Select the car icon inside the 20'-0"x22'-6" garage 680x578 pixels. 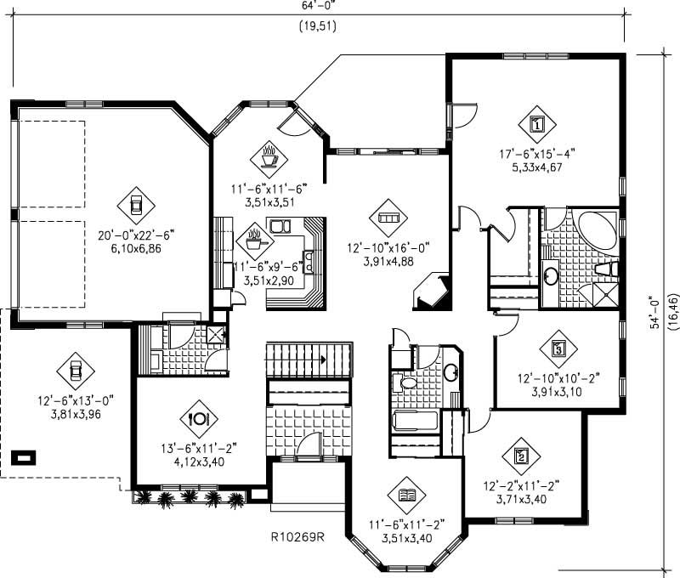point(135,203)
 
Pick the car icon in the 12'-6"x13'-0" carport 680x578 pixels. point(75,370)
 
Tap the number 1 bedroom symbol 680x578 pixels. point(536,123)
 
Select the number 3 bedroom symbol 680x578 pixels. point(558,347)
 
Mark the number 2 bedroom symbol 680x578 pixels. point(520,455)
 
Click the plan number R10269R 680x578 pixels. point(298,536)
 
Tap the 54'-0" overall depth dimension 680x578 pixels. point(654,313)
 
